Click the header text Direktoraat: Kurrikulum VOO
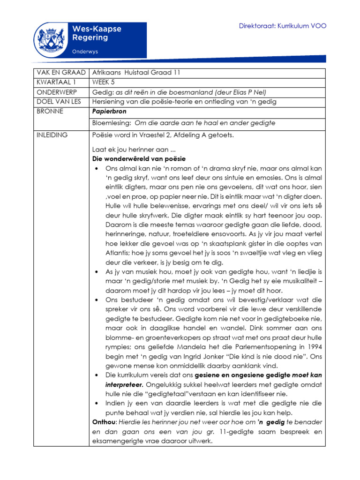point(283,26)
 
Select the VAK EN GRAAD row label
point(60,73)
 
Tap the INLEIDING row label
point(52,135)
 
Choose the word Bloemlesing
point(112,123)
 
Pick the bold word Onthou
point(105,422)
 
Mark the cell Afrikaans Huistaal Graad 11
point(136,73)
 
